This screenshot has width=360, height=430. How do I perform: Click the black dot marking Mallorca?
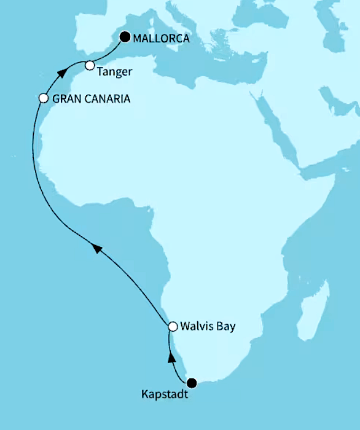[x=125, y=37]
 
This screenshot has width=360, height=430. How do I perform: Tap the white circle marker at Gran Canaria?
[x=43, y=98]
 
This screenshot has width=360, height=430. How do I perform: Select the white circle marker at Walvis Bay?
[x=173, y=326]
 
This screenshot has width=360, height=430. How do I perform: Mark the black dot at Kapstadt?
[x=192, y=383]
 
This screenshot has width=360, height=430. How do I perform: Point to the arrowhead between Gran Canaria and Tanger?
[x=61, y=73]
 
